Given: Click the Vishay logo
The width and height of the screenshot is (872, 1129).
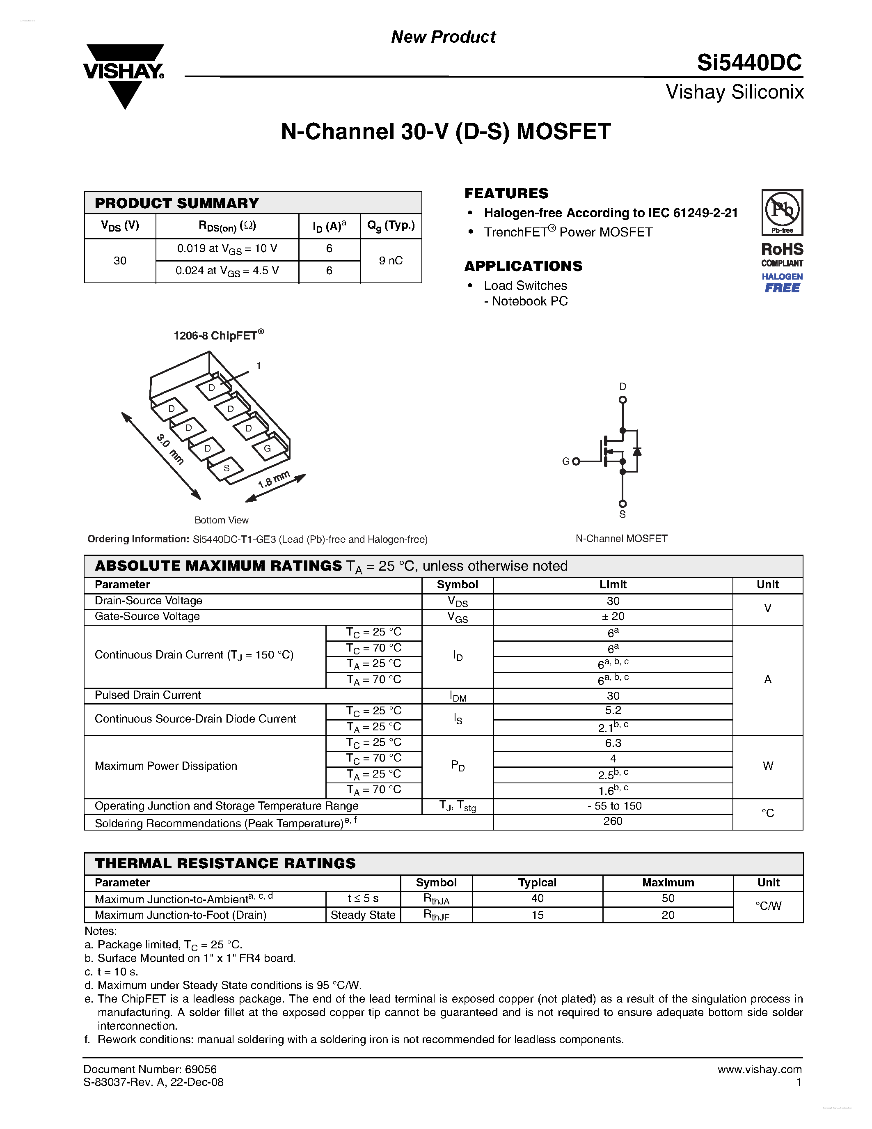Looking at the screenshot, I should (124, 76).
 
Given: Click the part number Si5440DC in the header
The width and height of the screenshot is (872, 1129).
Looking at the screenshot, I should (748, 62).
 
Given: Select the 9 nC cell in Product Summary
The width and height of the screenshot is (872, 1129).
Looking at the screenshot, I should (391, 261).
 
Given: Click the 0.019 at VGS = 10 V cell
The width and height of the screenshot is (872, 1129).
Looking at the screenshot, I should (227, 249).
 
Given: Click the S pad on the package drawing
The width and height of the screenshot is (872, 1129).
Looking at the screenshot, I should (226, 468).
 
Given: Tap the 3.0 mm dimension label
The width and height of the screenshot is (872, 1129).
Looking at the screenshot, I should (170, 449).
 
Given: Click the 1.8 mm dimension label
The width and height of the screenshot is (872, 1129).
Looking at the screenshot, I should (274, 480).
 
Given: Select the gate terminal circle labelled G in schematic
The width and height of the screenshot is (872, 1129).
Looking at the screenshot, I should (576, 461).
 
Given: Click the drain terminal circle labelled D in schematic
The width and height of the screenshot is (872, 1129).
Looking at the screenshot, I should (623, 399).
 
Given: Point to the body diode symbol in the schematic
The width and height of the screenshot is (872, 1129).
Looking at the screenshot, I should (637, 451).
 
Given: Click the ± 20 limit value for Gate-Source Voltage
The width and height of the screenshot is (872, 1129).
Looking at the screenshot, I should (613, 616).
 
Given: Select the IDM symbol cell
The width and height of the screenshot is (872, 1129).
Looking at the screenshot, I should (458, 696).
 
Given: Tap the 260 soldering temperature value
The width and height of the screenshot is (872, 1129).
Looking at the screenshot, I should (613, 821).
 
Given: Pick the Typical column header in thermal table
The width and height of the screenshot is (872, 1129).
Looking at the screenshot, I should (537, 882).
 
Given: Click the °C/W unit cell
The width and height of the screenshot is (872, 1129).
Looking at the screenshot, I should (768, 906).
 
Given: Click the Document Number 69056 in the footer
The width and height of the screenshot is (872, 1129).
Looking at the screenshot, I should (150, 1069).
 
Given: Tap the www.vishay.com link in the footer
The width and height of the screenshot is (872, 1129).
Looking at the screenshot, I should (760, 1069).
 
